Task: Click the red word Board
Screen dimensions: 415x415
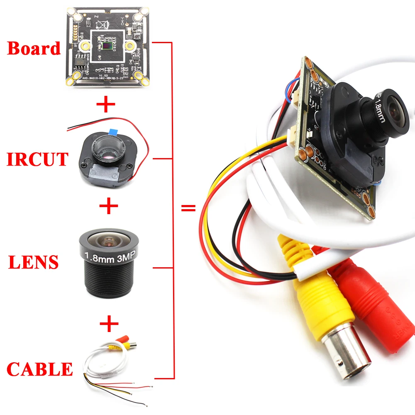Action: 34,49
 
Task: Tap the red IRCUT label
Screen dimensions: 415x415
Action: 37,159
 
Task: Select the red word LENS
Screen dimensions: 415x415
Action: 34,262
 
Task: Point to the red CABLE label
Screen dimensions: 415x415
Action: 40,369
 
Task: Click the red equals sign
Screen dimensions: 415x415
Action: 189,208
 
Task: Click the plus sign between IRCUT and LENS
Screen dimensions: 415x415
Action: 109,206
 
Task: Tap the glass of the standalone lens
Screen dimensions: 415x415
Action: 109,241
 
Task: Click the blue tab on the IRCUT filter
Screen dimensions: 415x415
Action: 112,130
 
